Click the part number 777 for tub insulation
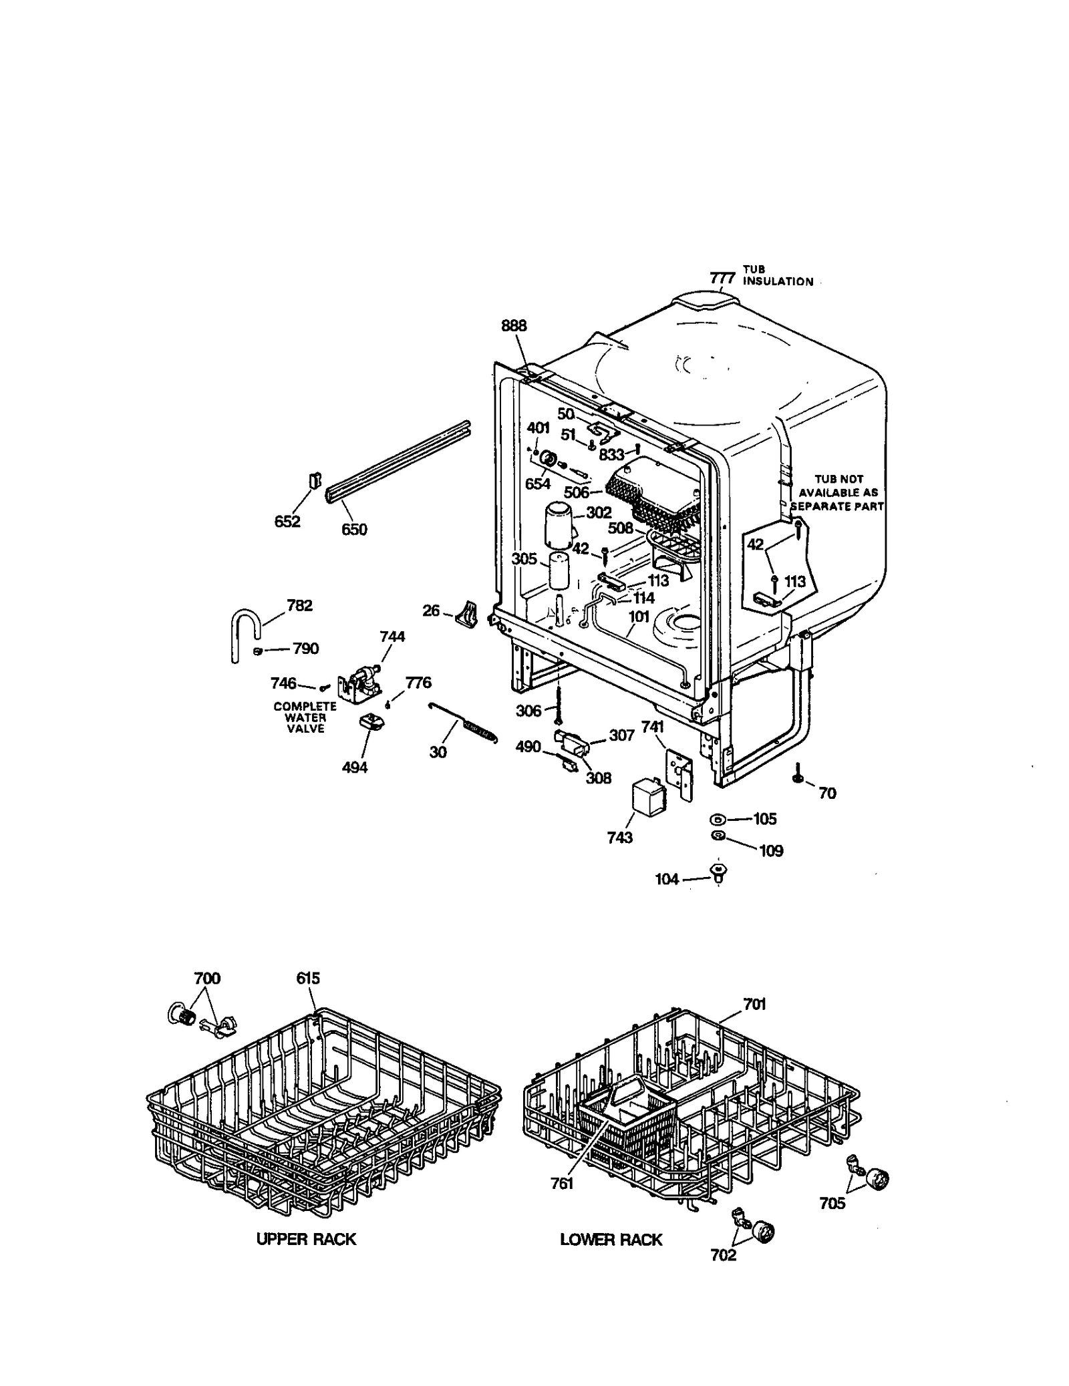pyautogui.click(x=723, y=277)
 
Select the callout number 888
pyautogui.click(x=514, y=325)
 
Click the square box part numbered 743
pyautogui.click(x=646, y=799)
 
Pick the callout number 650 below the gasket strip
pyautogui.click(x=354, y=530)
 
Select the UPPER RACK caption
pyautogui.click(x=306, y=1239)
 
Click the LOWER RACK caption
pyautogui.click(x=611, y=1240)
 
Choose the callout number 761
pyautogui.click(x=562, y=1184)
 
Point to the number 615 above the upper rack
pyautogui.click(x=308, y=979)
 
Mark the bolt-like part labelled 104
pyautogui.click(x=718, y=872)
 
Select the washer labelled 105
pyautogui.click(x=718, y=819)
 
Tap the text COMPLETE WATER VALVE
pyautogui.click(x=305, y=717)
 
